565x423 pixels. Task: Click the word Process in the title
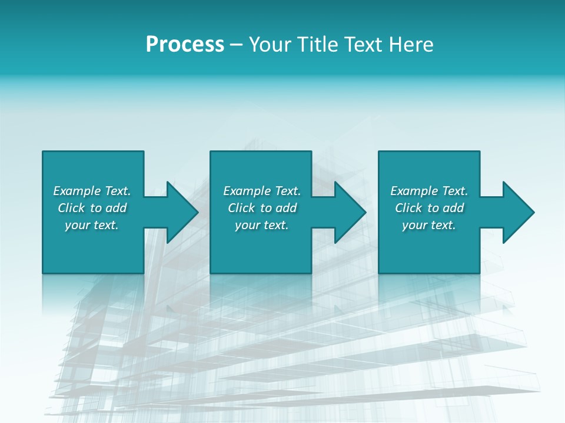(x=185, y=45)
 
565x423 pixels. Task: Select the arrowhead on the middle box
(x=350, y=212)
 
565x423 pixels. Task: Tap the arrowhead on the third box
(x=518, y=212)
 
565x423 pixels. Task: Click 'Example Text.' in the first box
(x=92, y=191)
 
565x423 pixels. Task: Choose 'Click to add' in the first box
(x=92, y=208)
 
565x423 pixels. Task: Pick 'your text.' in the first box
(x=92, y=225)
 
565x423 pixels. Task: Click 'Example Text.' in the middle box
(x=262, y=191)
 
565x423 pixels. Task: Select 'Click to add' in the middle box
(x=262, y=208)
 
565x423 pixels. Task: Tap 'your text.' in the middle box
(x=262, y=225)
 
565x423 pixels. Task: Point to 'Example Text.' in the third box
(x=429, y=191)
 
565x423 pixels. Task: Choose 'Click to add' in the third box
(x=429, y=208)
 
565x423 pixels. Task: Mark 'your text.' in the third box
(x=429, y=225)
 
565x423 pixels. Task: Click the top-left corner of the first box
(x=43, y=152)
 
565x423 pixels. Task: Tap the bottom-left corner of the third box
(x=379, y=273)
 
